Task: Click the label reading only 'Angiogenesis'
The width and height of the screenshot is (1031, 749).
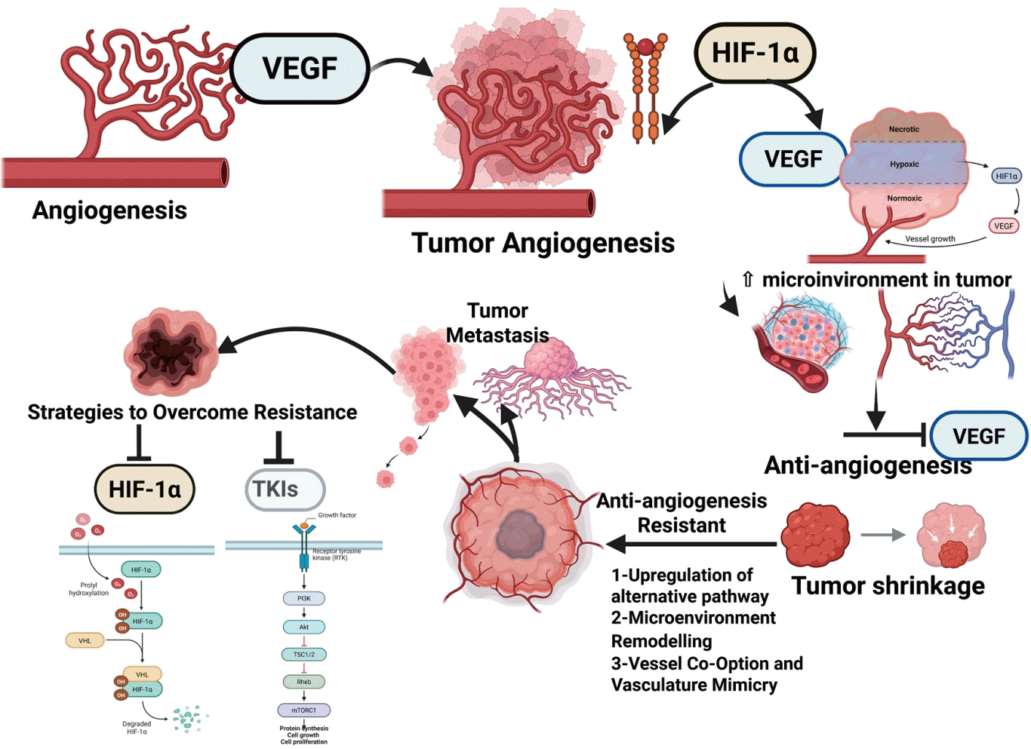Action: pyautogui.click(x=109, y=210)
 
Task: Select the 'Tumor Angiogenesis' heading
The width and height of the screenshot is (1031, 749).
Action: pyautogui.click(x=543, y=243)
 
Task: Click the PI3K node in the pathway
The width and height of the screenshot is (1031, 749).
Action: pyautogui.click(x=303, y=598)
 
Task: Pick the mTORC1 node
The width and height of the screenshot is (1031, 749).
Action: pyautogui.click(x=303, y=710)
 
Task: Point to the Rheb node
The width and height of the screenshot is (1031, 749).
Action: pyautogui.click(x=303, y=681)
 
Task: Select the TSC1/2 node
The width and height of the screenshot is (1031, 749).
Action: pyautogui.click(x=303, y=654)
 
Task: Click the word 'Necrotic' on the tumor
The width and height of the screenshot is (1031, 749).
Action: pyautogui.click(x=903, y=129)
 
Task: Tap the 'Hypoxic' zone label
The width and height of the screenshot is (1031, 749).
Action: pyautogui.click(x=904, y=164)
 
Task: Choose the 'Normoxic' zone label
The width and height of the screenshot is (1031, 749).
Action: pyautogui.click(x=904, y=198)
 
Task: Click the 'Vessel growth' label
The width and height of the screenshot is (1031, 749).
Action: pyautogui.click(x=930, y=239)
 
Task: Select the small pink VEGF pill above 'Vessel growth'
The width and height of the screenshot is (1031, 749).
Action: pyautogui.click(x=1003, y=226)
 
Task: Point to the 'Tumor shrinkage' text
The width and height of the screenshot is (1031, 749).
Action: pyautogui.click(x=888, y=586)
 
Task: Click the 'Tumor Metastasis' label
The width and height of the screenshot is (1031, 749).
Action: pyautogui.click(x=497, y=323)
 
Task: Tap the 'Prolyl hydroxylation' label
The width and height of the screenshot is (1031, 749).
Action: pyautogui.click(x=88, y=589)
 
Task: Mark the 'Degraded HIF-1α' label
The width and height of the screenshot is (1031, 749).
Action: pyautogui.click(x=137, y=727)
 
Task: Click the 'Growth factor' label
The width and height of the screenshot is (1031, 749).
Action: pyautogui.click(x=337, y=515)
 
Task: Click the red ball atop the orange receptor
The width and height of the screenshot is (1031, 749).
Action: pyautogui.click(x=645, y=47)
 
